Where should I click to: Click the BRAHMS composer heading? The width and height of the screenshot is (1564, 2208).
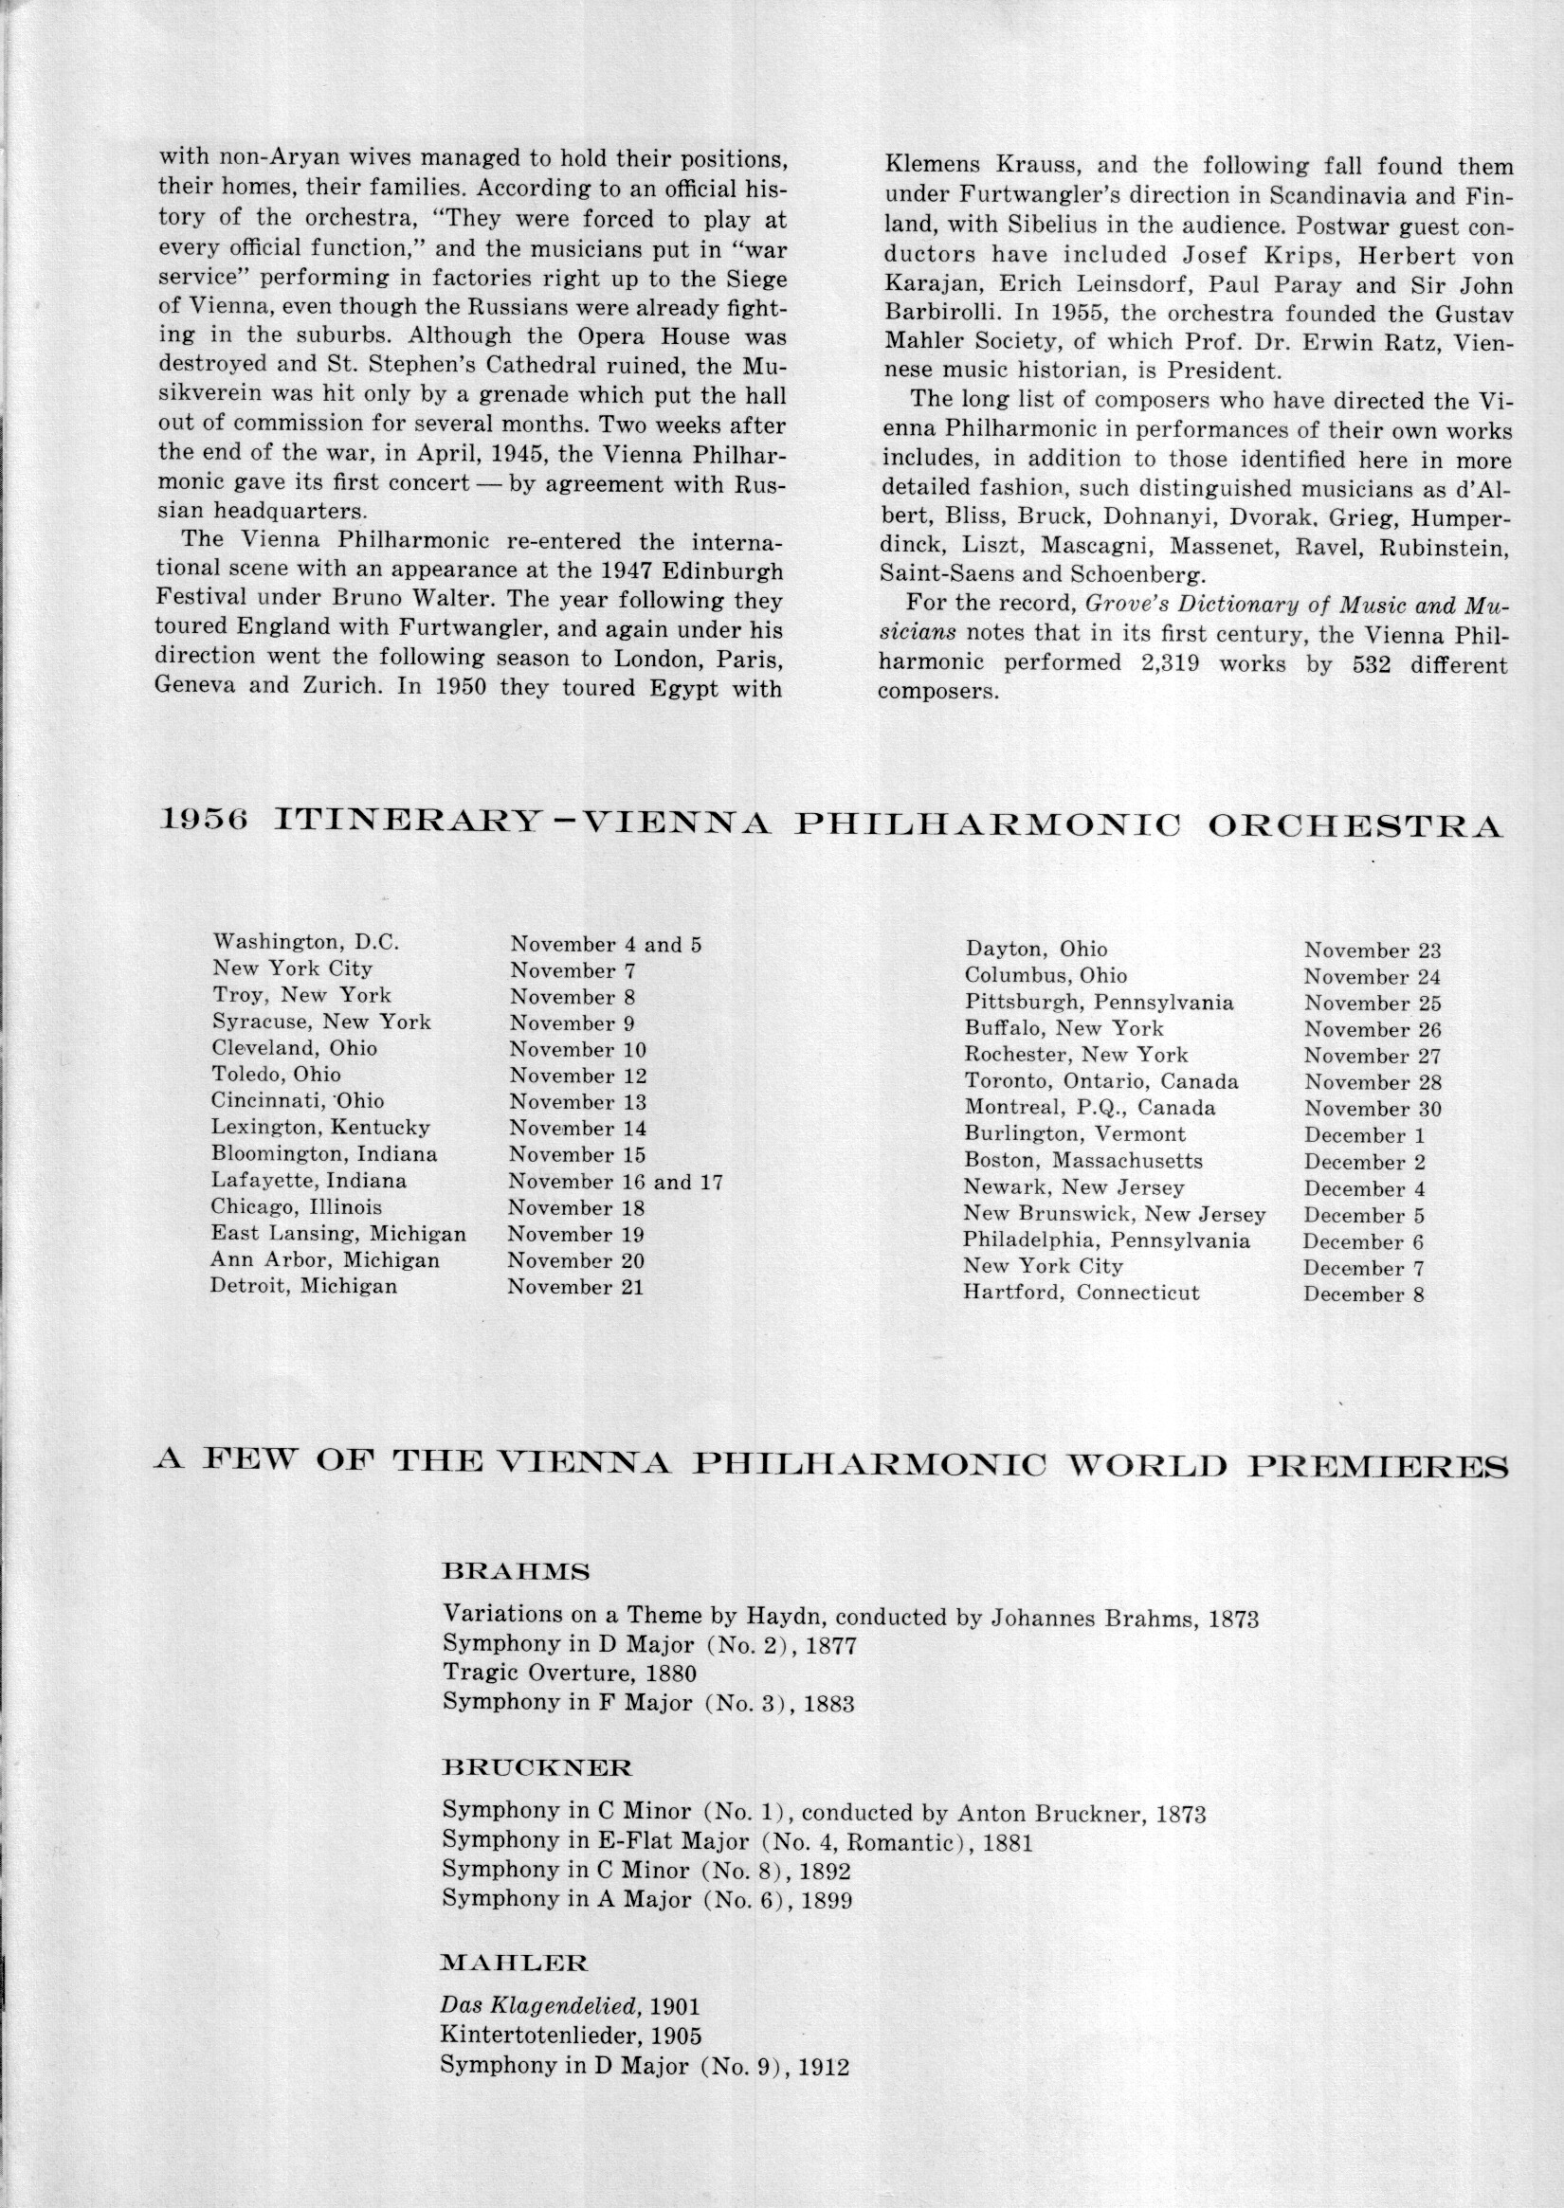click(516, 1572)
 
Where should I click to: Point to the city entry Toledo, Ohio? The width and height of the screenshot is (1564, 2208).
click(277, 1075)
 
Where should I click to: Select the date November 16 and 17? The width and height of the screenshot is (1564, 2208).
click(615, 1182)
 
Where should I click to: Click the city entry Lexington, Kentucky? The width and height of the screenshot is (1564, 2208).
click(320, 1128)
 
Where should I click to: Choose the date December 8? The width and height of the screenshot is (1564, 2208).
click(1364, 1294)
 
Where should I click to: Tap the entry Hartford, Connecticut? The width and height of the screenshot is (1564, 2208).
click(1081, 1293)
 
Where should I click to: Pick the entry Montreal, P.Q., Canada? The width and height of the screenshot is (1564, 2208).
click(1090, 1109)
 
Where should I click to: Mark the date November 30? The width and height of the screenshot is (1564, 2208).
click(1373, 1110)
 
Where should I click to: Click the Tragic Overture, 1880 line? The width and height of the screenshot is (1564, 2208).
click(569, 1674)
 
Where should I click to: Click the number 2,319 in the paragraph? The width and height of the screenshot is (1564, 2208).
click(1161, 664)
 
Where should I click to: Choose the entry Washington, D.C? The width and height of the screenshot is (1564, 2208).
click(306, 942)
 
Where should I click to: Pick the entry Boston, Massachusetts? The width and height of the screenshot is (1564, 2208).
click(1083, 1161)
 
